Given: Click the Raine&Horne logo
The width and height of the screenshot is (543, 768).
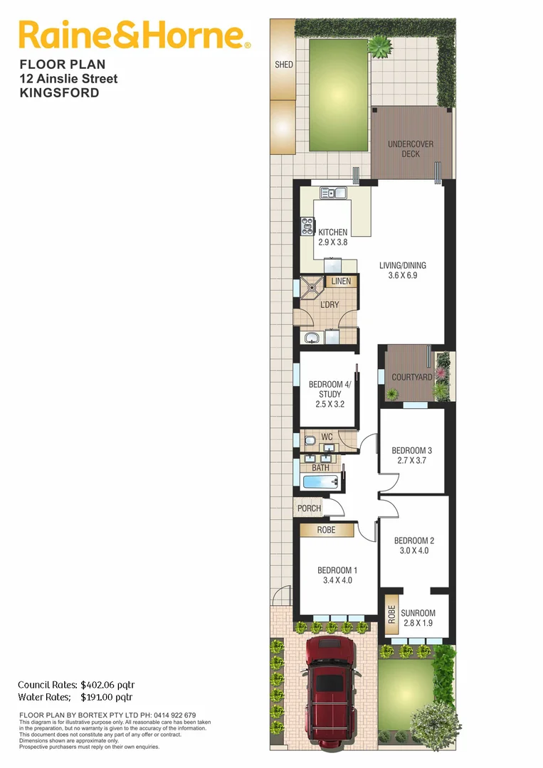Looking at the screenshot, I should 134,35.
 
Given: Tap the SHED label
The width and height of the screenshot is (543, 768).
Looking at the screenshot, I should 284,65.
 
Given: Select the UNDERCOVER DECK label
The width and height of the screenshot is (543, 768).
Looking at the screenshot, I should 411,149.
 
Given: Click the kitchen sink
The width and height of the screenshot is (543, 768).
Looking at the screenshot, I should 333,193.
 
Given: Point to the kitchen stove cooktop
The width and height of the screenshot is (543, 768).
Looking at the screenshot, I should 308,226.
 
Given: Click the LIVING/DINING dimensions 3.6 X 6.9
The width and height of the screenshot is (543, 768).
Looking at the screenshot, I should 403,275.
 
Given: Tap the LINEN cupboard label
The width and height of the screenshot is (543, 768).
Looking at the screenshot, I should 341,282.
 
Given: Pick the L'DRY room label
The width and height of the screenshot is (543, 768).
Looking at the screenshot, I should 330,305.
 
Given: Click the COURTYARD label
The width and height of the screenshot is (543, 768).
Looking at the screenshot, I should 412,377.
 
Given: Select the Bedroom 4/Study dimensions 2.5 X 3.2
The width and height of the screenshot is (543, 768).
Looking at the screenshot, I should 330,404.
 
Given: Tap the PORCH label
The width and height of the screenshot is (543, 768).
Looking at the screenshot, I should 309,508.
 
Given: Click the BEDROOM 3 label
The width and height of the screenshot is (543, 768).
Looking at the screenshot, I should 412,450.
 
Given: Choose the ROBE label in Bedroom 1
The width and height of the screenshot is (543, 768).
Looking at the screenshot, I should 327,530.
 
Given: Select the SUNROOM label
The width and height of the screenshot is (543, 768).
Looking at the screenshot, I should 418,613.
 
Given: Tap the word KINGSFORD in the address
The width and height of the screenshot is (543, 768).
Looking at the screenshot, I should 59,93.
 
